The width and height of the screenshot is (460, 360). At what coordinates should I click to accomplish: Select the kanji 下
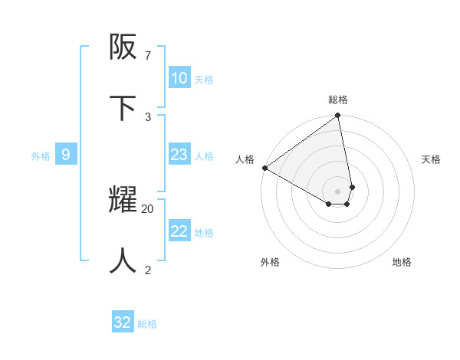(124, 108)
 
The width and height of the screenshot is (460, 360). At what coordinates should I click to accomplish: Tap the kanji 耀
(124, 201)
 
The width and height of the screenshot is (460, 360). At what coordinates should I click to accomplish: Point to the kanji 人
(124, 260)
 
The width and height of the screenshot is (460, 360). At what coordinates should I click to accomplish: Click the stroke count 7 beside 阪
(148, 56)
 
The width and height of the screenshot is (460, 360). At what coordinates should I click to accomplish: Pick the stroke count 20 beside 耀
(148, 208)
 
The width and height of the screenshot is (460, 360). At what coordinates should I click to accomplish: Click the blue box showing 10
(179, 78)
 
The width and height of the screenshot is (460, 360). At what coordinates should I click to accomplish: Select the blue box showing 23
(179, 155)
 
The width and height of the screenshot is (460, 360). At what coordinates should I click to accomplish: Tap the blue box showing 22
(179, 231)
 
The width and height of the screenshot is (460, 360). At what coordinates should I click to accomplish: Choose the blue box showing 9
(66, 155)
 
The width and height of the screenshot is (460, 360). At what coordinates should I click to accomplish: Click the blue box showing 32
(123, 322)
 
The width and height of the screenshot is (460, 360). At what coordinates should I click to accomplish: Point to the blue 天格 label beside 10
(204, 79)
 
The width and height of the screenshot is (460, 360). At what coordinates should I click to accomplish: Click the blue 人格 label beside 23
(204, 155)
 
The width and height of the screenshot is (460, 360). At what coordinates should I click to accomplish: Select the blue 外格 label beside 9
(41, 155)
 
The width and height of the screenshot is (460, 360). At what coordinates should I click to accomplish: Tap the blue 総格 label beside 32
(147, 324)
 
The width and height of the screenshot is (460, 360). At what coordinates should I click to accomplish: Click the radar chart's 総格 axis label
(338, 100)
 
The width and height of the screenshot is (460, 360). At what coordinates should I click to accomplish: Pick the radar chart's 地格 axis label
(402, 262)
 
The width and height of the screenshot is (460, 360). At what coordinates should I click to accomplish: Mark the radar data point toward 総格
(338, 116)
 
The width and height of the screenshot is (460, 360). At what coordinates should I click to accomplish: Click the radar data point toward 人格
(264, 168)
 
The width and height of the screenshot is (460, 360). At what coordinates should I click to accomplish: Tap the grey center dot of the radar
(338, 191)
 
